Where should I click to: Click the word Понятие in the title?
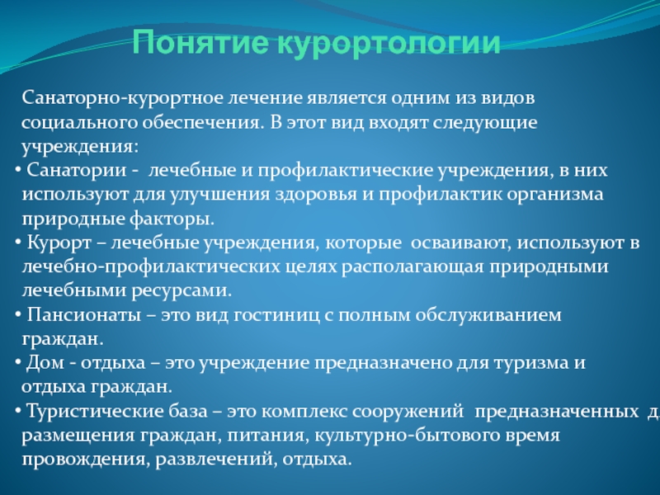coord(200,43)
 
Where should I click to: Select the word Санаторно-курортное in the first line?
coord(122,98)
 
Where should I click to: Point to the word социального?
coord(78,123)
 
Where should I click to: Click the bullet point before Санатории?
coord(18,171)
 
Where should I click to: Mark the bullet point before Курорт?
coord(18,243)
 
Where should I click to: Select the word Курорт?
coord(59,243)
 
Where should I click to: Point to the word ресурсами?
coord(181,291)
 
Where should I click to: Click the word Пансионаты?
coord(84,315)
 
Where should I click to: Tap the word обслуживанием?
coord(488,315)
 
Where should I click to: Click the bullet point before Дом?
coord(18,363)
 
